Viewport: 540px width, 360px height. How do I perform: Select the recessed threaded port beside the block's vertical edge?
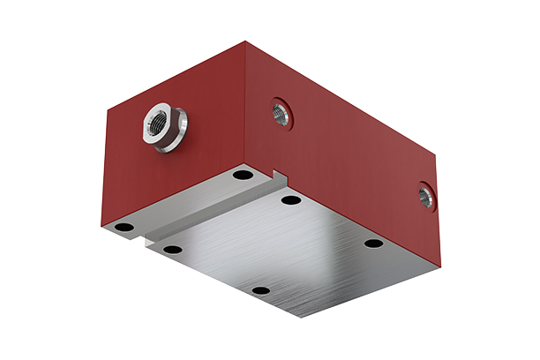tap(280, 112)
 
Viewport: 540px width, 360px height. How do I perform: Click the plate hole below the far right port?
tap(373, 243)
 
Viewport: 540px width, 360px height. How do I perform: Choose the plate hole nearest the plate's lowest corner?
tap(259, 290)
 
